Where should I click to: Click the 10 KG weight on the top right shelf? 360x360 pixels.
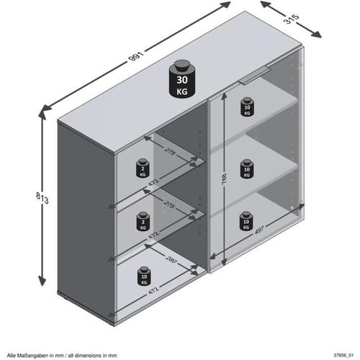point(246,108)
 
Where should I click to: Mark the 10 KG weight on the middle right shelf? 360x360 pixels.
point(246,167)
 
